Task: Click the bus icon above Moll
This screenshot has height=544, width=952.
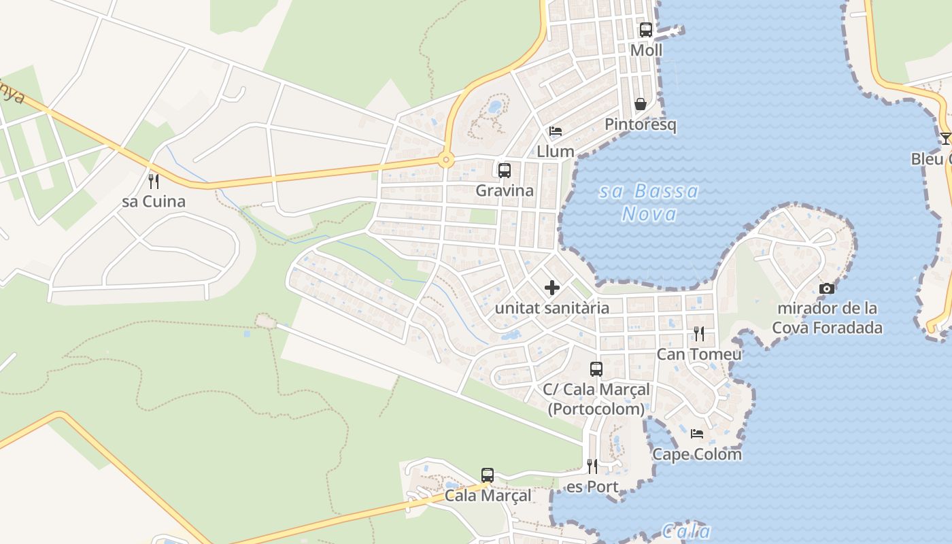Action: pyautogui.click(x=645, y=30)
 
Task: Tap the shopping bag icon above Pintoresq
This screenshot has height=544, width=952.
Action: pyautogui.click(x=641, y=104)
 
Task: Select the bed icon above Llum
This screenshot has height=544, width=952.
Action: pyautogui.click(x=556, y=131)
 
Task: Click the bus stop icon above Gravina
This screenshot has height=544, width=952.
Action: pyautogui.click(x=504, y=171)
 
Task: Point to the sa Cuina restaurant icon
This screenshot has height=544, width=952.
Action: pyautogui.click(x=154, y=182)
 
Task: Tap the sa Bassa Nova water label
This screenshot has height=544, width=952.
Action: pyautogui.click(x=649, y=203)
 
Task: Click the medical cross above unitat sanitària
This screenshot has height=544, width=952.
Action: pyautogui.click(x=552, y=288)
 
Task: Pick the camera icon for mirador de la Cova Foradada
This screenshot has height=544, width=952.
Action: pyautogui.click(x=827, y=288)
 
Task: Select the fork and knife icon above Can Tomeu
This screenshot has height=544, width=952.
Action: pyautogui.click(x=698, y=334)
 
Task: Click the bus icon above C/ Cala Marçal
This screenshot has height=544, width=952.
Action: pyautogui.click(x=596, y=369)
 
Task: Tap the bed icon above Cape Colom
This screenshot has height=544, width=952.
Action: pyautogui.click(x=697, y=434)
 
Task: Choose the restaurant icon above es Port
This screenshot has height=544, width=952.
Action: pyautogui.click(x=592, y=466)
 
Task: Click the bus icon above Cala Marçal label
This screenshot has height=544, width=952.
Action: pyautogui.click(x=488, y=475)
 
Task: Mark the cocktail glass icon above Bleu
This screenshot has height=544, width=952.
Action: pyautogui.click(x=945, y=139)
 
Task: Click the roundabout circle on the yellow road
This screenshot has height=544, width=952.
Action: pyautogui.click(x=446, y=160)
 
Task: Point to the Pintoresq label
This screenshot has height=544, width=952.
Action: pyautogui.click(x=641, y=125)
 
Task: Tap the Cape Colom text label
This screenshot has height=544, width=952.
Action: pyautogui.click(x=697, y=454)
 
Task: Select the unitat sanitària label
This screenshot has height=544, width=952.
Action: pyautogui.click(x=552, y=308)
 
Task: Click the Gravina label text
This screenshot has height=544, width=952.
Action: pyautogui.click(x=505, y=190)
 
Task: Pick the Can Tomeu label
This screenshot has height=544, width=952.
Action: pyautogui.click(x=698, y=354)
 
